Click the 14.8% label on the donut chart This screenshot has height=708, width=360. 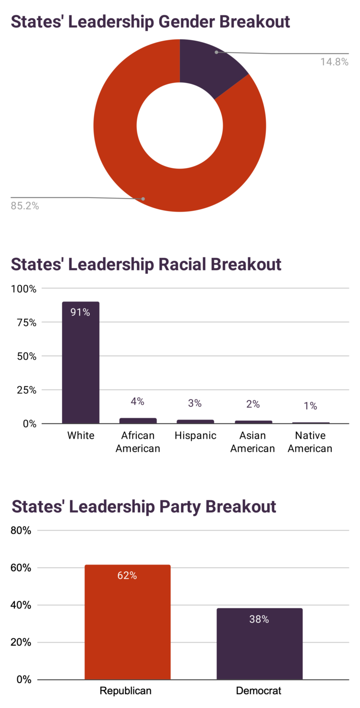point(334,62)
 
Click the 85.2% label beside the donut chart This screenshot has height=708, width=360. point(25,206)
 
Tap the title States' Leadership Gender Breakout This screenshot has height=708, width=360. point(150,22)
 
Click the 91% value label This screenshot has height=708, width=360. point(81,312)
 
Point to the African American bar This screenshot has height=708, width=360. point(138,421)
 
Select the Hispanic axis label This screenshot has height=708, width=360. point(195,436)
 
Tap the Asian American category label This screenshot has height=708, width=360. point(252,442)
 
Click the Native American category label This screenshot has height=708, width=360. point(310,442)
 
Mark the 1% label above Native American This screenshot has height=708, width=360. point(310,406)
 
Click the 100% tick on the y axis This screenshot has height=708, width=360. point(24,289)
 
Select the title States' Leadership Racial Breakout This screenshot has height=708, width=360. point(146,264)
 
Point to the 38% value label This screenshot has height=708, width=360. point(259,619)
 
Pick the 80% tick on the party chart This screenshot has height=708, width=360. point(21,531)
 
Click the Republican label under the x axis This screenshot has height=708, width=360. point(125,691)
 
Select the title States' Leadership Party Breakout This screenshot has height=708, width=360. point(144,507)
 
